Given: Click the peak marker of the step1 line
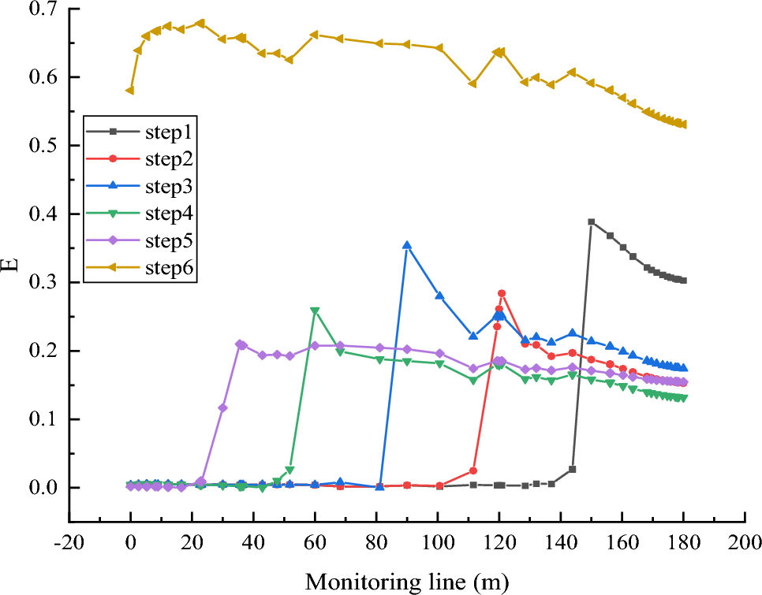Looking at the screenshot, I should (x=591, y=222).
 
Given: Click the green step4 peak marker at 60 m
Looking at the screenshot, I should (x=315, y=311).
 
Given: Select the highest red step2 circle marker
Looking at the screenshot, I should (x=501, y=293).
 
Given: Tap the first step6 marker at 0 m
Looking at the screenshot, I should (x=129, y=91).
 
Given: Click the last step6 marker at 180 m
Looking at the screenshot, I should (x=683, y=125).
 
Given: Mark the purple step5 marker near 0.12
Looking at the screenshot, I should (x=222, y=407).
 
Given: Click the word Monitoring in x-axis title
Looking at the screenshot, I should (x=354, y=582).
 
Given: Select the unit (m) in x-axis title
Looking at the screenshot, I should (x=491, y=582).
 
